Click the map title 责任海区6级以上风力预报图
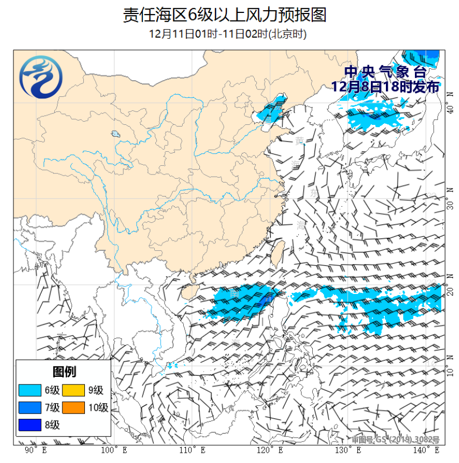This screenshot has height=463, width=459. point(225,15)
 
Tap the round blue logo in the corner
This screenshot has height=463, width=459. point(41,79)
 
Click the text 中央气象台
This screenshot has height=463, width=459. point(385,72)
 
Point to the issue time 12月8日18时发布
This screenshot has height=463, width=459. point(385,87)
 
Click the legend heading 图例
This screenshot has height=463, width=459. point(64,371)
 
